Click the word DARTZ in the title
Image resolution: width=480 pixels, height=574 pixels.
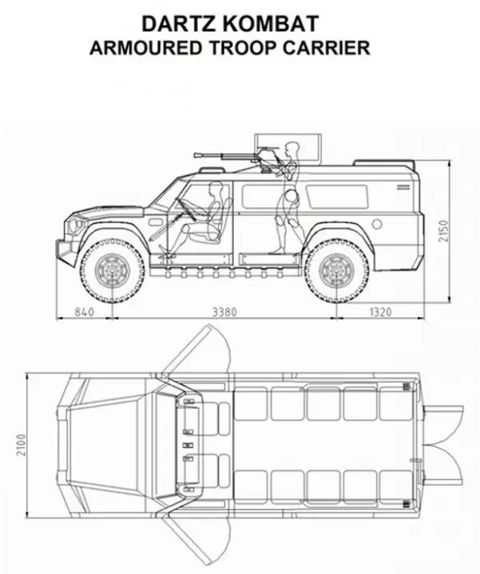[180, 23]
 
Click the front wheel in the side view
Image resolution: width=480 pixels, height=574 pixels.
[112, 270]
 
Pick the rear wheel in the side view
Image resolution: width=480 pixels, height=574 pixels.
[336, 270]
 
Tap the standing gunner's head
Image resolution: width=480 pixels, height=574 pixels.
[292, 148]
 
